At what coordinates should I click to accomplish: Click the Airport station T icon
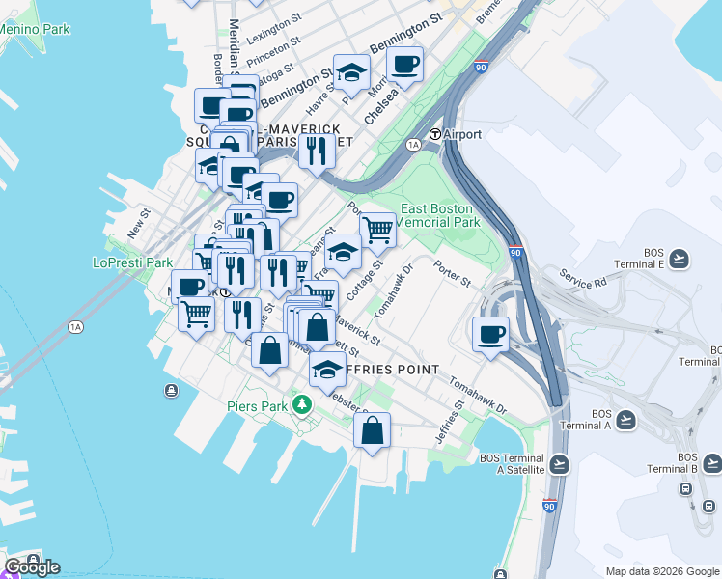(x=435, y=134)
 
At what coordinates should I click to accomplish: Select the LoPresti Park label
(x=132, y=262)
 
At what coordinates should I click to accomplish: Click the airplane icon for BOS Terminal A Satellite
(x=558, y=464)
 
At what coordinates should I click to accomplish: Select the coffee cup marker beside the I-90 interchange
(x=491, y=334)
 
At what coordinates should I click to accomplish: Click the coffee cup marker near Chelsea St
(x=404, y=65)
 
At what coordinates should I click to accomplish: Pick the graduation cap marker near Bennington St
(x=352, y=71)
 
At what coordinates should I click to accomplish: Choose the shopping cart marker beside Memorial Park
(x=377, y=230)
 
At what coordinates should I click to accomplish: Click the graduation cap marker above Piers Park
(x=327, y=369)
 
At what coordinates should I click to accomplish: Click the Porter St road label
(x=451, y=274)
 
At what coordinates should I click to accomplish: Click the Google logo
(x=32, y=566)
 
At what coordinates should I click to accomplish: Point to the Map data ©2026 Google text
(x=661, y=571)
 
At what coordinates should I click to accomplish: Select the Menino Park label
(x=35, y=29)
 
